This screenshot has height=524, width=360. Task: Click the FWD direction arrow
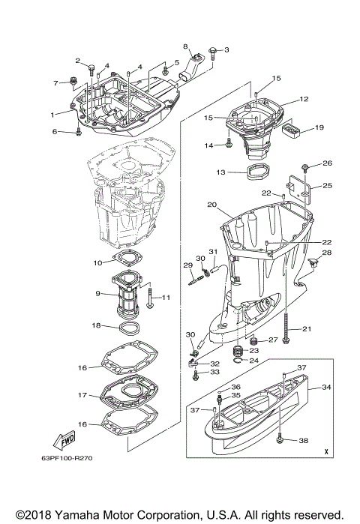click(64, 440)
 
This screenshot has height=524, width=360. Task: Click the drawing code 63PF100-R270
click(67, 458)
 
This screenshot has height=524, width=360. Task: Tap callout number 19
click(319, 127)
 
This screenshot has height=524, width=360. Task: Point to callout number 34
click(326, 387)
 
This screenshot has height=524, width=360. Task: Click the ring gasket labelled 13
click(259, 171)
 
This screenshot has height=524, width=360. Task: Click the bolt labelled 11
click(149, 296)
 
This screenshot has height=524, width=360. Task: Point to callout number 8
click(185, 46)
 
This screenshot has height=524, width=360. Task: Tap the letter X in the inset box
click(326, 452)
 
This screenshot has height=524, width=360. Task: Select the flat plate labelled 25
click(298, 190)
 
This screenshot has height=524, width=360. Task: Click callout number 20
click(212, 205)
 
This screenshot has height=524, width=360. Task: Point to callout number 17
click(82, 395)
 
